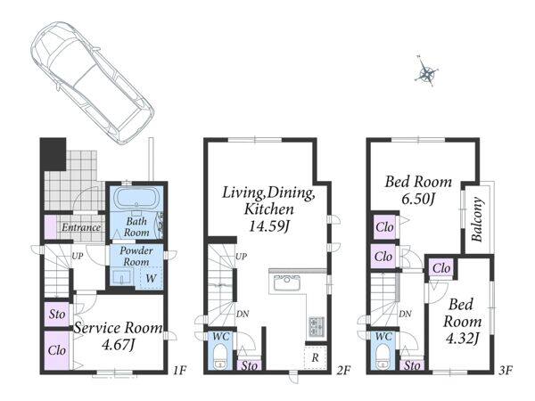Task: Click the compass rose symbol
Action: pos(426,72)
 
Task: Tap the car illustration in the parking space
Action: pos(92,82)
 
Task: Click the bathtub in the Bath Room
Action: pos(136,199)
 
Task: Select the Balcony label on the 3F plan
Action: pos(478,220)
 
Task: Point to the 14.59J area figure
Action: pos(269,226)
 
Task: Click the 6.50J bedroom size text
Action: pos(418,199)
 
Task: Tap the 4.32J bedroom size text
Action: pos(462,339)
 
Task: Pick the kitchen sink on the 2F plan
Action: pos(286,282)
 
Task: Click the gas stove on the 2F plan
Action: pos(317,326)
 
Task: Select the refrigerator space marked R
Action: pos(316,357)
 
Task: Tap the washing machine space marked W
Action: pos(151,278)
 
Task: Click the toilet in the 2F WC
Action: pos(220,356)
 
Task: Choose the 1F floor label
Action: pos(180,370)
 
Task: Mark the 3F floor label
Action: pos(506,370)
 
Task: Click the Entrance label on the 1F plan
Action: pos(81,227)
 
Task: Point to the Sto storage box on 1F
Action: pos(57,314)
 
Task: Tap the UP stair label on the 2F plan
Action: pos(242,257)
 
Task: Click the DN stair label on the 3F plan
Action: pos(405,314)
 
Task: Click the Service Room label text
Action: pos(119,328)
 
